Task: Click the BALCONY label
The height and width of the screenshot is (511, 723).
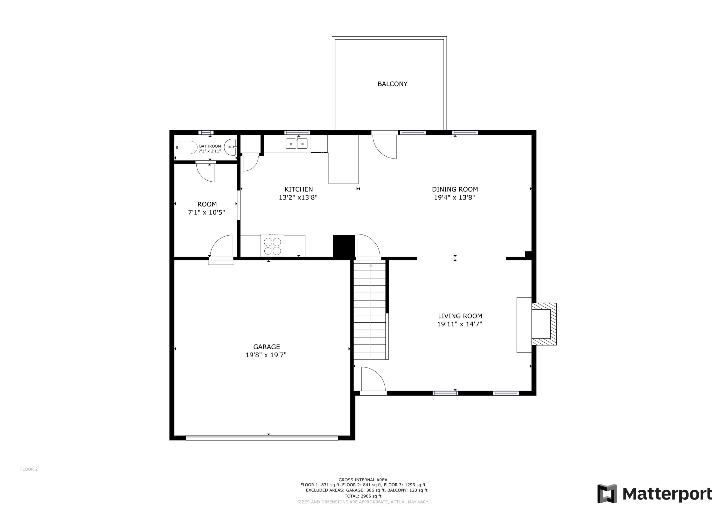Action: pos(392,84)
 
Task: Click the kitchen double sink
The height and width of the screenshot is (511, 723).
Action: pos(296,144)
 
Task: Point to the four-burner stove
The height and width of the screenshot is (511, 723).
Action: pos(272,246)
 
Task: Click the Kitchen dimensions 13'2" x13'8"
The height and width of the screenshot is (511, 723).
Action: pos(298,197)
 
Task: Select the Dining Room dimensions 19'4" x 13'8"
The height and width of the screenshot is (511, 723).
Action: pos(454,197)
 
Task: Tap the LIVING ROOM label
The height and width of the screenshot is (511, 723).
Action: pos(460,316)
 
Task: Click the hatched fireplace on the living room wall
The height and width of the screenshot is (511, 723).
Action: pos(544,324)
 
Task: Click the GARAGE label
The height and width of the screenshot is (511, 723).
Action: pos(266,347)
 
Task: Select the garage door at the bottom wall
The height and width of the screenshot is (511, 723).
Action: pos(262,438)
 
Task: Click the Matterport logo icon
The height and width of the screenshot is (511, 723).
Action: pos(607,494)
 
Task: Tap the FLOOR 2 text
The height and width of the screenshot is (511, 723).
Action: pos(29,469)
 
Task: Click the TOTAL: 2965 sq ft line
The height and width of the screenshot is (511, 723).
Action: pos(363,496)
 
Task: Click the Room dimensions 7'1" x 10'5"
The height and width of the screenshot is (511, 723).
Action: pos(206,212)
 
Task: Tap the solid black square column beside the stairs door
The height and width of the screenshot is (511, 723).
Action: pos(344,246)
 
